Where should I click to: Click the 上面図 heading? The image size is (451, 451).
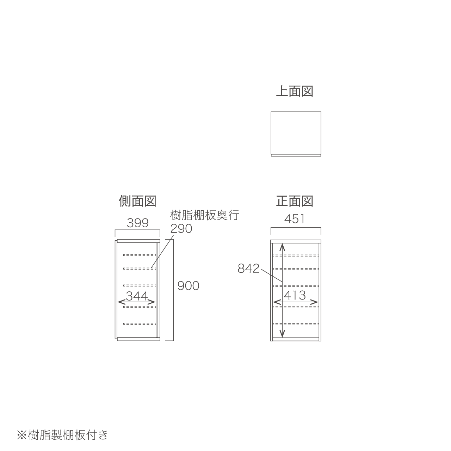(294, 91)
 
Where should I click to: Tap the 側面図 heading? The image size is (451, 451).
(137, 201)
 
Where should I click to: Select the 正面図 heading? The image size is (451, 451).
(295, 201)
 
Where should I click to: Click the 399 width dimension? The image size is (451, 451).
(138, 223)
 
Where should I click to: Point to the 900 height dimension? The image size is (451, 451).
(188, 286)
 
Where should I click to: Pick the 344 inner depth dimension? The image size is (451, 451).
(137, 296)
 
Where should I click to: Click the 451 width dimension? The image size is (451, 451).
(295, 219)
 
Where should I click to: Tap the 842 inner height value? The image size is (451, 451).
(248, 268)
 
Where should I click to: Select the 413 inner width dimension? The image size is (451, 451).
(295, 295)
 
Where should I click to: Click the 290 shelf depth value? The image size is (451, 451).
(181, 229)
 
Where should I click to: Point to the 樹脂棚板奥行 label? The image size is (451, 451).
(205, 215)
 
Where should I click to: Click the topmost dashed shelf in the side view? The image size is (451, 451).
(140, 255)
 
